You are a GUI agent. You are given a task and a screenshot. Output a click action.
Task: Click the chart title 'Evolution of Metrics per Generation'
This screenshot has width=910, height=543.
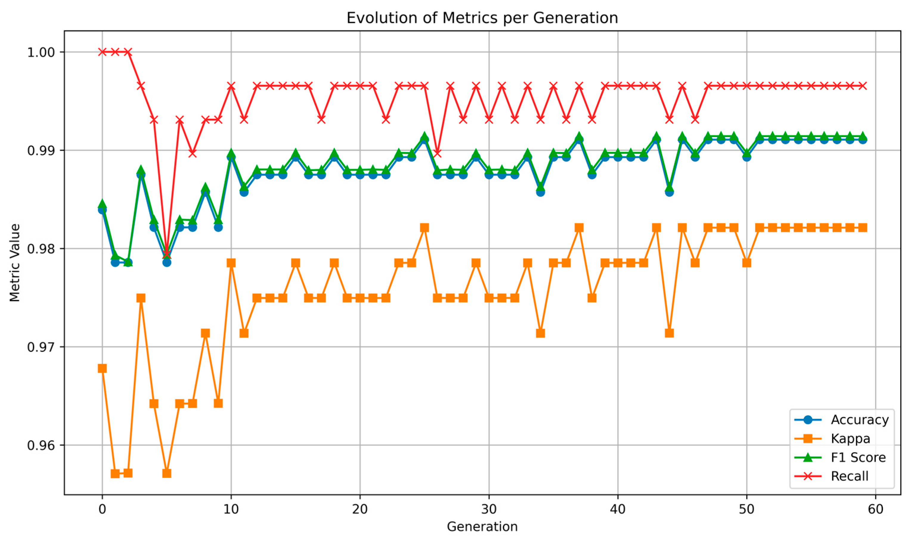(x=482, y=18)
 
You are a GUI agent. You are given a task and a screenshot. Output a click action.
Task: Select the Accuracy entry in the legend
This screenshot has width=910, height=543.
(x=841, y=420)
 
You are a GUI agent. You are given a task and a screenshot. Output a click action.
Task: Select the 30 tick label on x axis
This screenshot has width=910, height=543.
(x=489, y=509)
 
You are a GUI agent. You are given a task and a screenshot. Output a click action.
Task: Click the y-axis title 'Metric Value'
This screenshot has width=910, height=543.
(x=15, y=263)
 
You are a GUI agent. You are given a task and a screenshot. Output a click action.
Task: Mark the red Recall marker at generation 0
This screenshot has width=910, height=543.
(x=102, y=52)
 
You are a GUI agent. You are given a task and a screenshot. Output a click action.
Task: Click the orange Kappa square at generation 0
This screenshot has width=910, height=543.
(x=102, y=368)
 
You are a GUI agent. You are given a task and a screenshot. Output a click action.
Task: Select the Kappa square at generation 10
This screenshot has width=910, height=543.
(x=231, y=263)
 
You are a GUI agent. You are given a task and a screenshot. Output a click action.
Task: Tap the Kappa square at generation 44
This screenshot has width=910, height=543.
(x=669, y=333)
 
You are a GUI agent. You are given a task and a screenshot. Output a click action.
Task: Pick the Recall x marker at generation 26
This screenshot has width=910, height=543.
(x=437, y=153)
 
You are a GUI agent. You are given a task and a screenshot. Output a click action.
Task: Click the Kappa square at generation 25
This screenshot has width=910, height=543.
(x=425, y=228)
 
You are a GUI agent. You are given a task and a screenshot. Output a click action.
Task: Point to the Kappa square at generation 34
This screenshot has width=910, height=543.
(x=541, y=333)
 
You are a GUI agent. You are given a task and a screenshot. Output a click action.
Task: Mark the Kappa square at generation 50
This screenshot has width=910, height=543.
(x=747, y=263)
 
